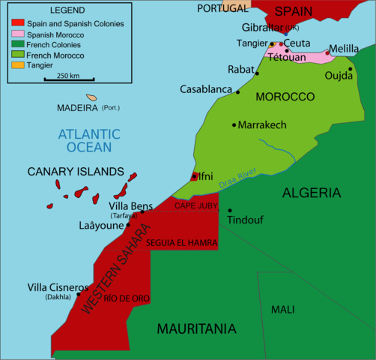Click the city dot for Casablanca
[238, 92]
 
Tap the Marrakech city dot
[234, 124]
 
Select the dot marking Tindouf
[230, 211]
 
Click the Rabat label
[241, 69]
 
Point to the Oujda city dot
[350, 69]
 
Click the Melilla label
[344, 46]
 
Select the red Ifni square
[195, 177]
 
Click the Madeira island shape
[91, 97]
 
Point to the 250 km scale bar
[68, 78]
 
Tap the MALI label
[282, 309]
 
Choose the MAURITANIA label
[196, 328]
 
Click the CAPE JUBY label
[195, 205]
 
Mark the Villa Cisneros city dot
[79, 294]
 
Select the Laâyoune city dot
[128, 224]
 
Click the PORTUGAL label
[222, 7]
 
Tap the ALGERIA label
[311, 193]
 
